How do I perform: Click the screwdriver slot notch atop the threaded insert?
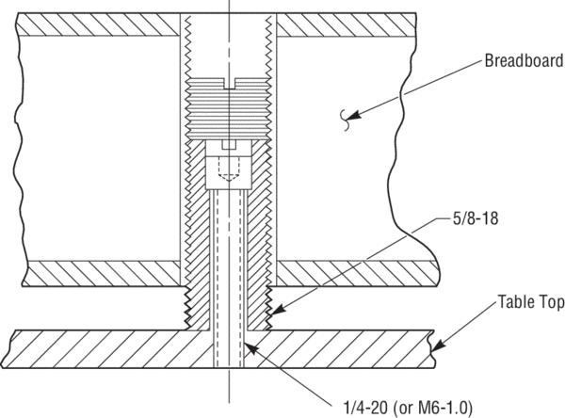click(229, 83)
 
